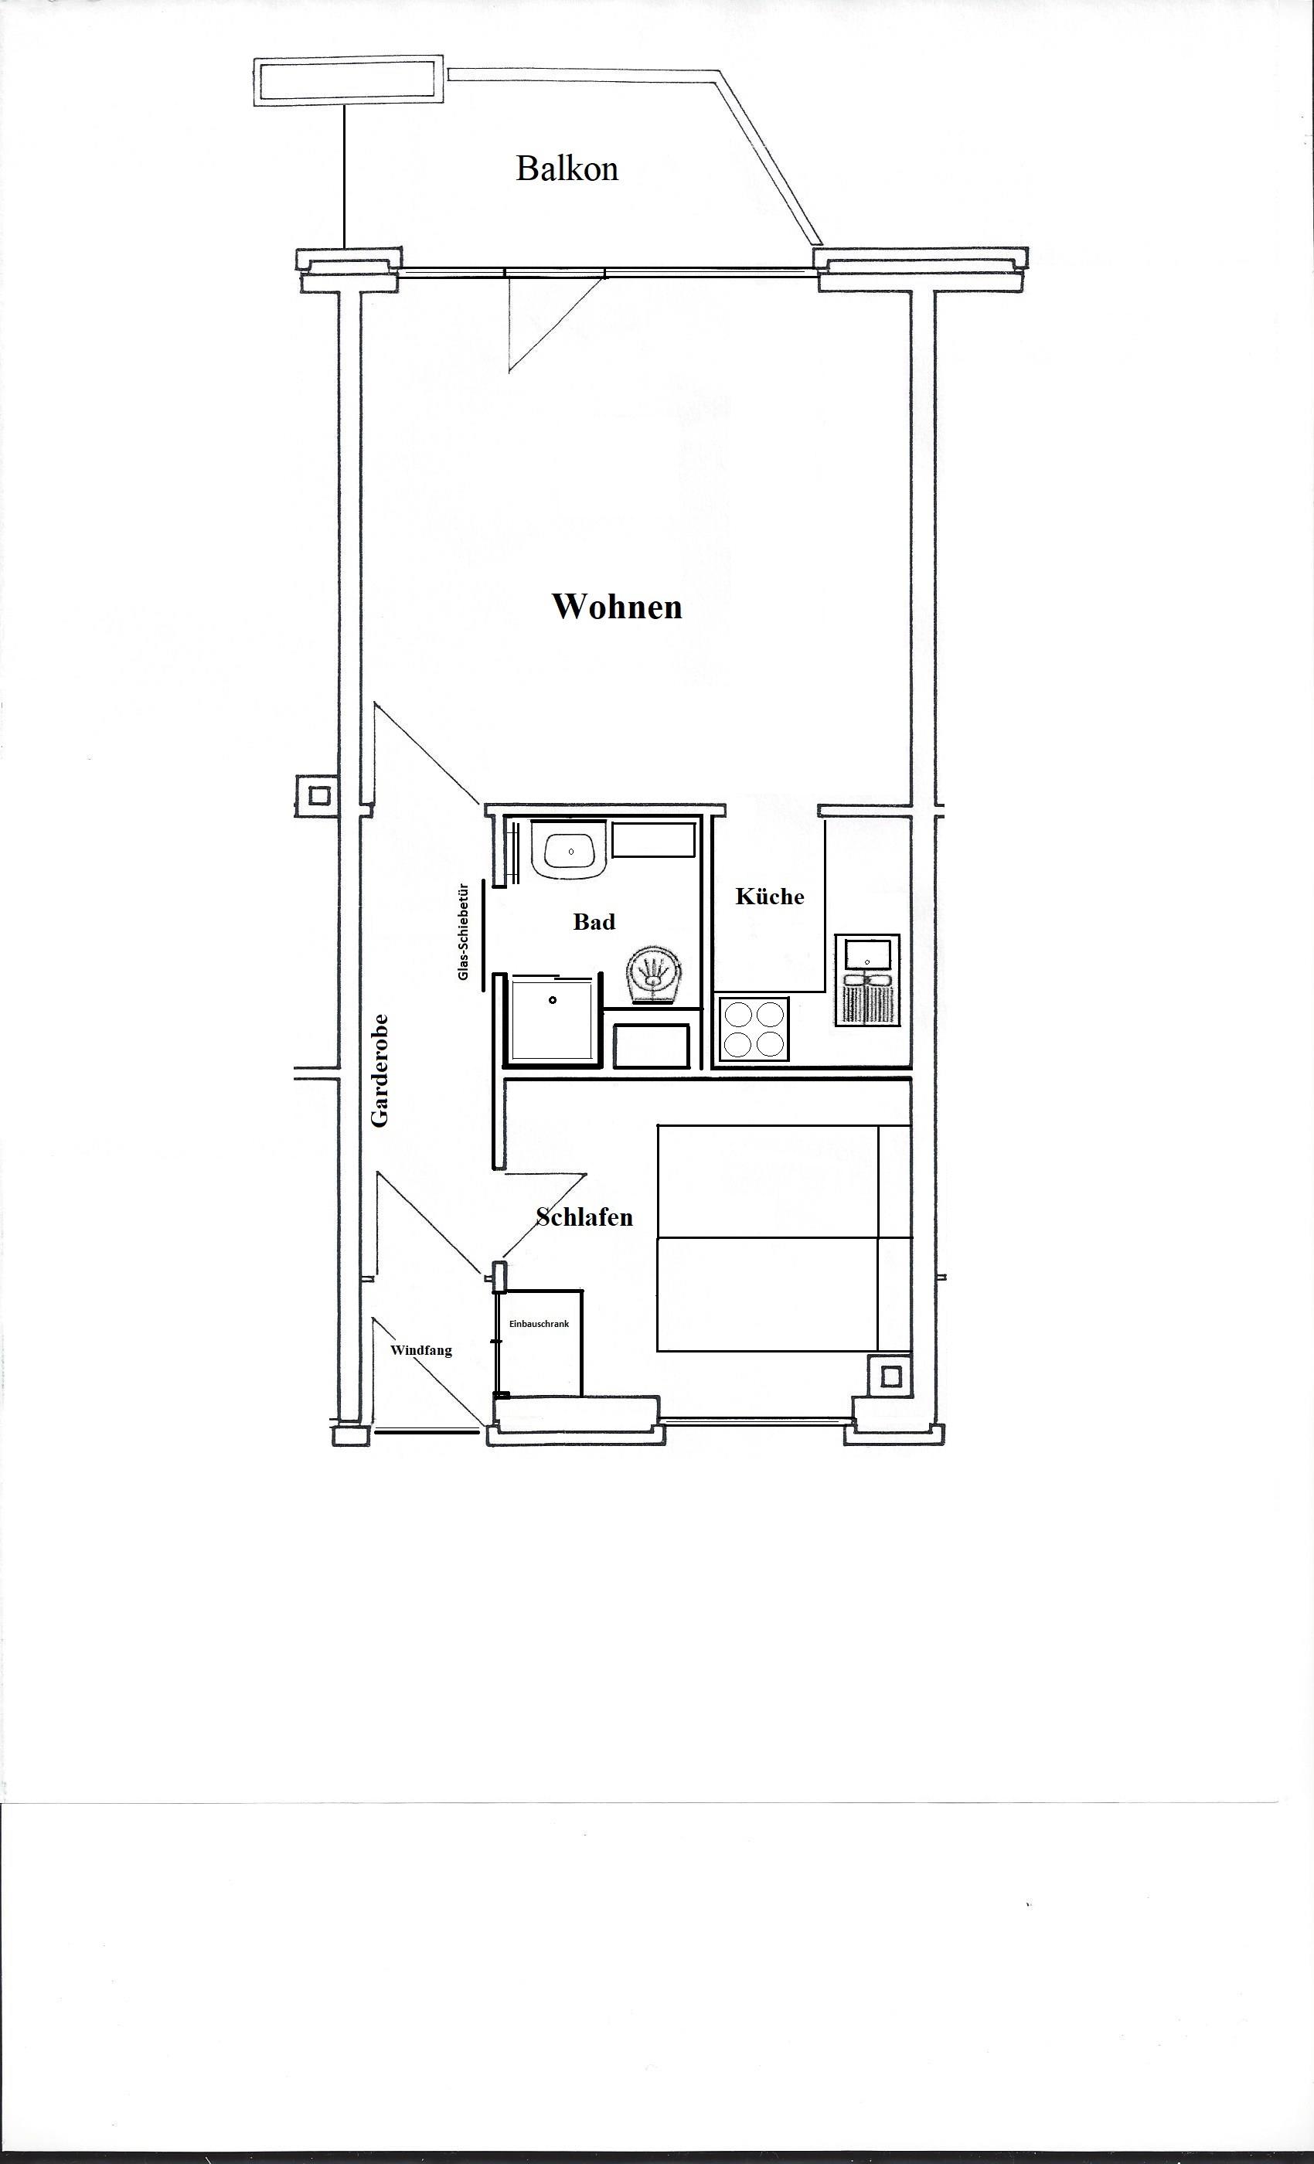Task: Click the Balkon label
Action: coord(567,168)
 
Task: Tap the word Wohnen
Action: coord(617,606)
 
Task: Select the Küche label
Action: coord(769,896)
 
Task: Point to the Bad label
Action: coord(594,921)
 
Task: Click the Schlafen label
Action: coord(584,1216)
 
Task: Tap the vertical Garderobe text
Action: coord(380,1070)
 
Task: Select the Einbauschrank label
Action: coord(540,1323)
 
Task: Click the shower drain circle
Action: coord(553,1000)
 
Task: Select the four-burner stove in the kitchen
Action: coord(754,1029)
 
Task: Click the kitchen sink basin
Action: coord(867,952)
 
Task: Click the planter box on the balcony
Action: coord(349,82)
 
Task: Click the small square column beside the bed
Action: coord(890,1376)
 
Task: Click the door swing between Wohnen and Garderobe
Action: coord(427,753)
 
